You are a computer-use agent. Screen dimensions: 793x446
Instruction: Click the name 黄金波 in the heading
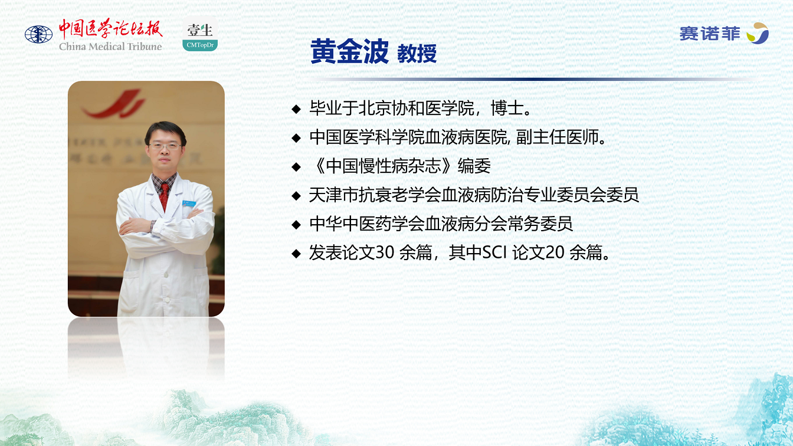[x=349, y=52]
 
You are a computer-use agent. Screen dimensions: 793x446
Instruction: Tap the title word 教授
[x=417, y=54]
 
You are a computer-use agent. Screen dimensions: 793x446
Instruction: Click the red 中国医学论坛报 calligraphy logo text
[x=110, y=29]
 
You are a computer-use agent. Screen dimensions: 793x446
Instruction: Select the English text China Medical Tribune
[x=110, y=47]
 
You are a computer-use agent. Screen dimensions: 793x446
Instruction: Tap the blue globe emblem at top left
[x=38, y=35]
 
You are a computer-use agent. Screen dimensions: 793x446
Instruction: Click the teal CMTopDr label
[x=200, y=45]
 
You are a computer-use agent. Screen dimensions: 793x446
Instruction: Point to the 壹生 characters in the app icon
[x=200, y=30]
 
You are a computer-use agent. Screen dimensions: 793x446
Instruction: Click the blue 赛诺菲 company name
[x=710, y=34]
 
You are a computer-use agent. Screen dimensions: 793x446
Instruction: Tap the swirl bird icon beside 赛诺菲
[x=758, y=33]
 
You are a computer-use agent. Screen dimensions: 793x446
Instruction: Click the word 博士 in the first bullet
[x=507, y=109]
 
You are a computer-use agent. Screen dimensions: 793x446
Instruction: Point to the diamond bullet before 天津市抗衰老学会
[x=296, y=196]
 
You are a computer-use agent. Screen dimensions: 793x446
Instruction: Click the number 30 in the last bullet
[x=385, y=252]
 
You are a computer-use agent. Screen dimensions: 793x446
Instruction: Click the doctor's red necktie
[x=164, y=196]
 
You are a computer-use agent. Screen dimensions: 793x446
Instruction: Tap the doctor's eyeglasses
[x=165, y=146]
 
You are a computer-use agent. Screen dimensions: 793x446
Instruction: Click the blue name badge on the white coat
[x=189, y=204]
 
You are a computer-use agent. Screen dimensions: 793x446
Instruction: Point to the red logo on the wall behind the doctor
[x=114, y=104]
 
